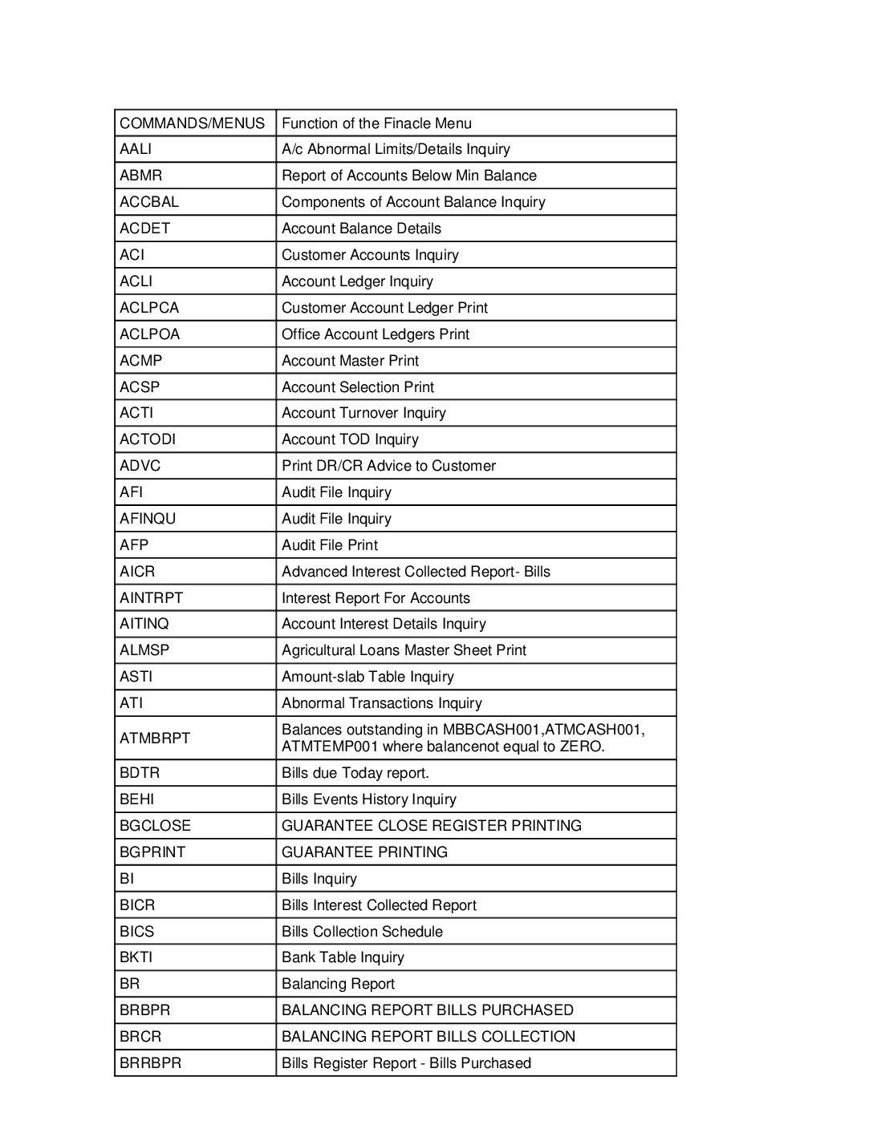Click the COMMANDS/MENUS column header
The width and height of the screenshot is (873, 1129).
(192, 123)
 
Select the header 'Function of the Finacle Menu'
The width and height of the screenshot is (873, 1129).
(376, 123)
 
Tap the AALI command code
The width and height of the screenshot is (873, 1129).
(136, 149)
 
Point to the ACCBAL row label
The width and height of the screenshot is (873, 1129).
(149, 202)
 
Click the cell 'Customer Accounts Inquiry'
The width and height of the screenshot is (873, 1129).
(370, 255)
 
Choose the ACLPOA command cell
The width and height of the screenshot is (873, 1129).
(150, 334)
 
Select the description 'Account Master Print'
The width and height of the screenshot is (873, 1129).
(350, 361)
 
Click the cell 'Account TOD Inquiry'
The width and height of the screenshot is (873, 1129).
(350, 439)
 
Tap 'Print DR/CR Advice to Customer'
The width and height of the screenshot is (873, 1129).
(388, 466)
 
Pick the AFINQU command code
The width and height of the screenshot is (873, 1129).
(148, 519)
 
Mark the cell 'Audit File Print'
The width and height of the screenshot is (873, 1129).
(330, 545)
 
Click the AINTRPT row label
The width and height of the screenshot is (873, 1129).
(152, 598)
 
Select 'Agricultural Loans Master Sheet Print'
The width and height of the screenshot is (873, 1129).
(404, 650)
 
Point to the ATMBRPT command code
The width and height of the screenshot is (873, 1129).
(155, 739)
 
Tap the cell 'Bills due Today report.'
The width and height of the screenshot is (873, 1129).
(355, 773)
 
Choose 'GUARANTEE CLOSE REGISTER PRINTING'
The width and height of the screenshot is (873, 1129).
(432, 826)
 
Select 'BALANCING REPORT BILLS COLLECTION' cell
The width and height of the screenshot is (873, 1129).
(428, 1037)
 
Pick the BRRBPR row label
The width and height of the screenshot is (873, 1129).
(151, 1063)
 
